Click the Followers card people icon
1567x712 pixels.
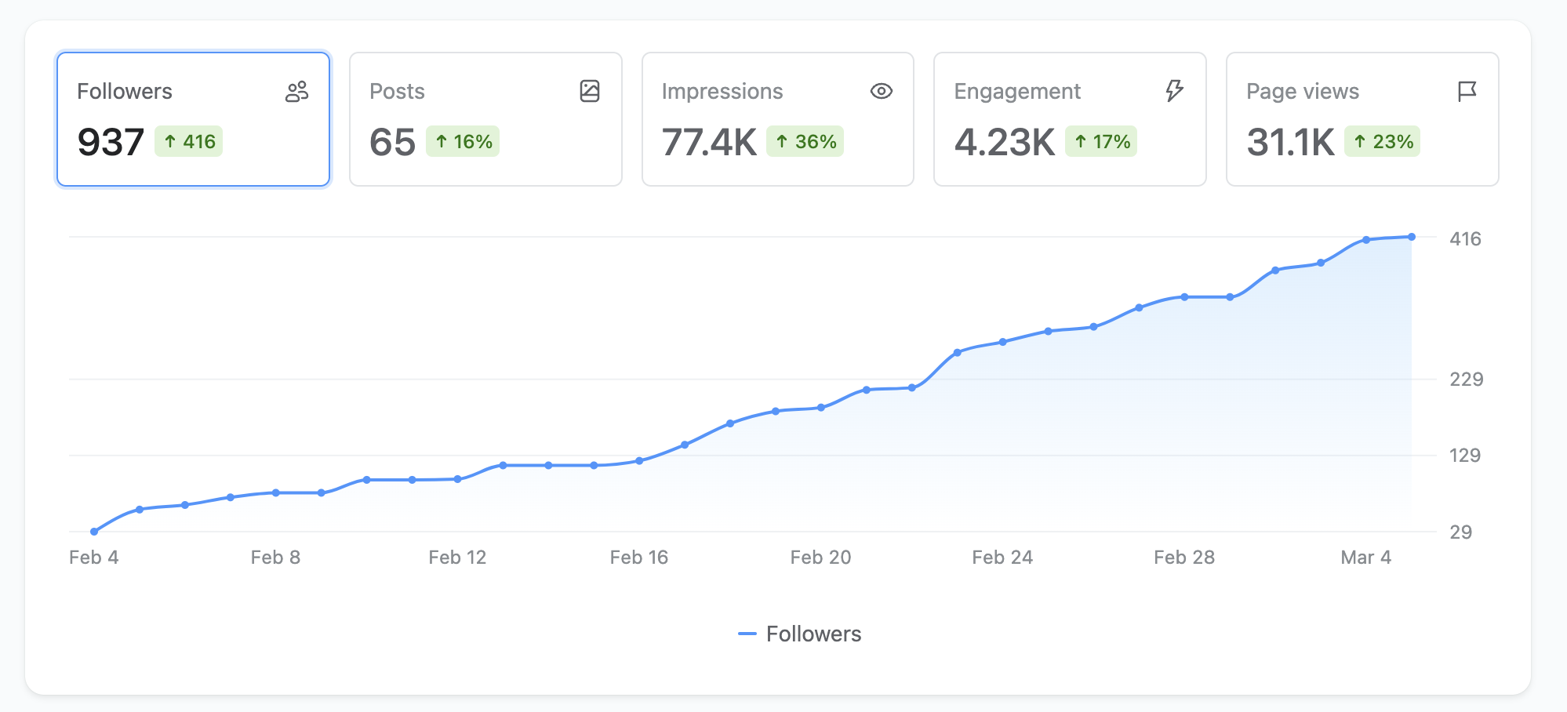[x=296, y=92]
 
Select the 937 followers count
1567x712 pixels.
[x=111, y=142]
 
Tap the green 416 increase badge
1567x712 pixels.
[x=189, y=142]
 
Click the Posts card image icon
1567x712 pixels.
[x=590, y=92]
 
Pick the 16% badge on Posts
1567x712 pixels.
[x=463, y=142]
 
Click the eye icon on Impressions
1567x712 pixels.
[x=882, y=92]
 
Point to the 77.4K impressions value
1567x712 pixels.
[x=709, y=142]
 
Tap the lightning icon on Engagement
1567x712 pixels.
[x=1174, y=91]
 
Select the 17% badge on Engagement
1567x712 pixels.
[x=1101, y=142]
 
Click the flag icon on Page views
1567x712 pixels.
[x=1467, y=92]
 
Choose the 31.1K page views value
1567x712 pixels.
[x=1290, y=142]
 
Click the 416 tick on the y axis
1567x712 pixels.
[x=1465, y=239]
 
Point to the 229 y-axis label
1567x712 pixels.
[x=1466, y=380]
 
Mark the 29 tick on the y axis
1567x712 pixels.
[x=1460, y=532]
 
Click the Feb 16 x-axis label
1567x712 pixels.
[x=638, y=558]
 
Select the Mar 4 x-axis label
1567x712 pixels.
[x=1365, y=558]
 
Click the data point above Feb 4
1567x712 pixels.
[x=94, y=532]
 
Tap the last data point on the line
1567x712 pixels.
[x=1412, y=237]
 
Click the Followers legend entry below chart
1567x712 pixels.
[x=800, y=634]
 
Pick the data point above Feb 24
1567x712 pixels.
[x=1003, y=342]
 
